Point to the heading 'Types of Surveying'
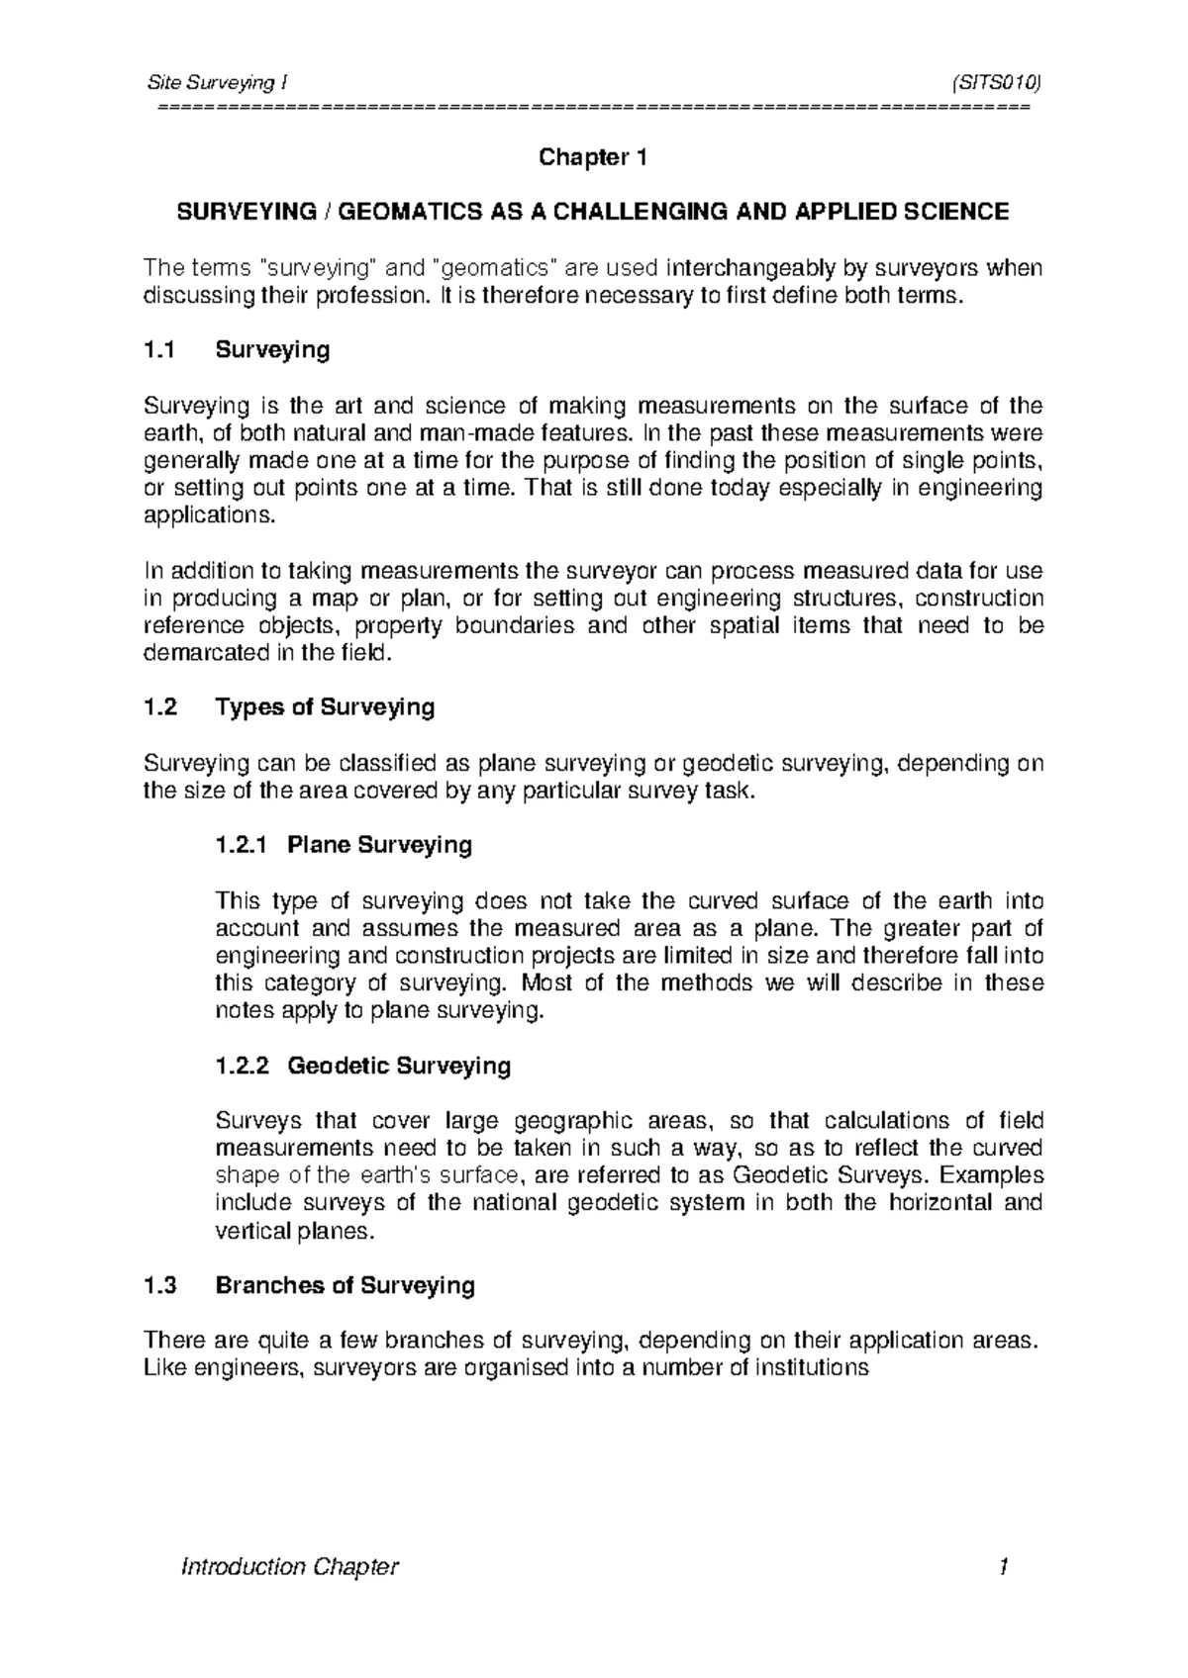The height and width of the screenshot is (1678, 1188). click(325, 707)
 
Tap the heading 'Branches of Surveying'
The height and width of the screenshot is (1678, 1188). click(345, 1285)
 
